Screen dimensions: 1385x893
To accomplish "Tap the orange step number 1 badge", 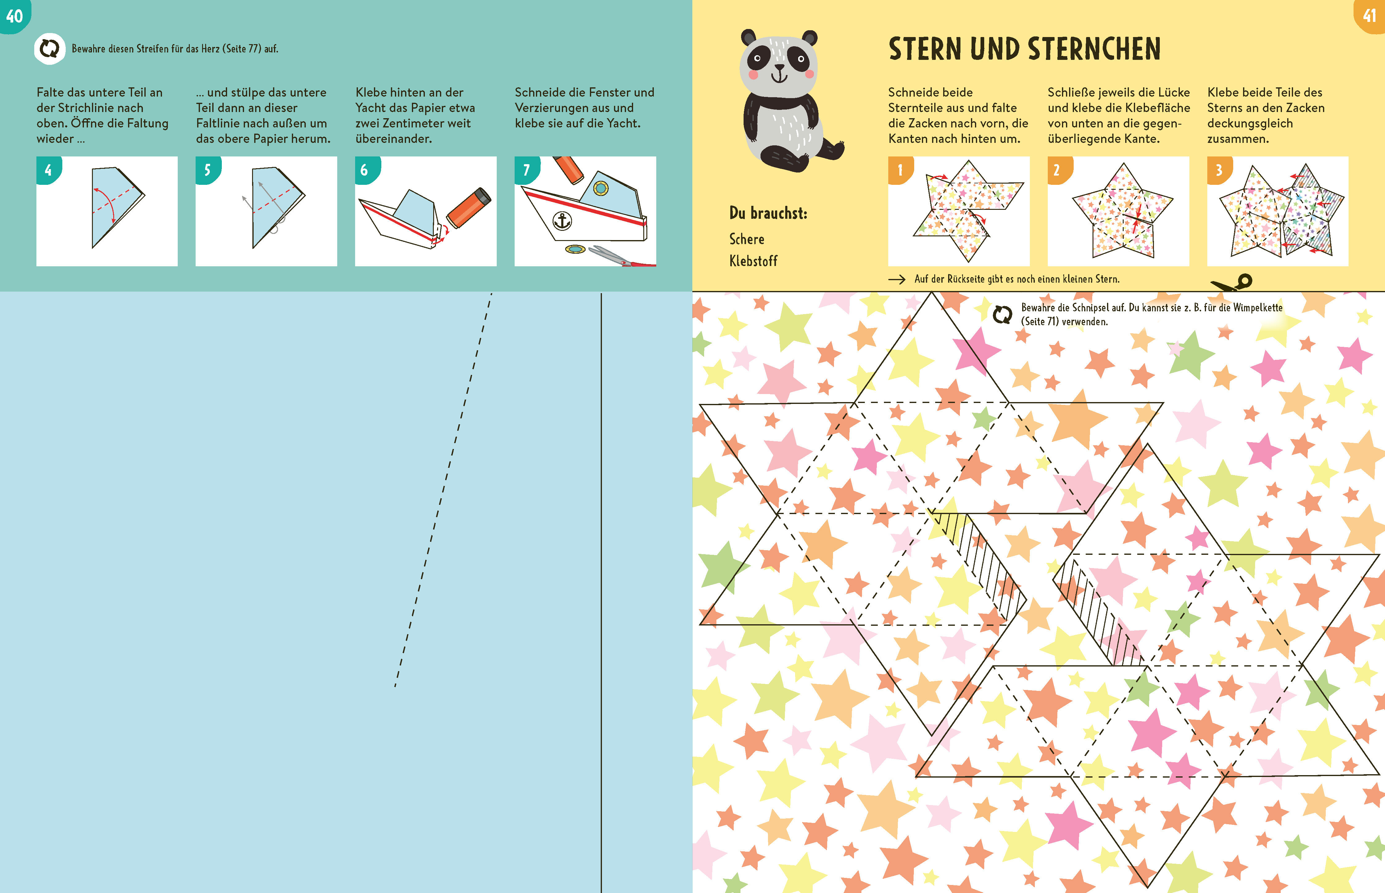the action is pos(900,170).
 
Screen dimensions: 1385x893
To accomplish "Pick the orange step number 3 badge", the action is pos(1219,170).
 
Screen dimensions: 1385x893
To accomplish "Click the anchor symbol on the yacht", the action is pos(562,220).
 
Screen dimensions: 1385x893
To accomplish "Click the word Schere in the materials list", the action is pos(747,239).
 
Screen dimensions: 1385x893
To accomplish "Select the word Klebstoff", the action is pos(753,261).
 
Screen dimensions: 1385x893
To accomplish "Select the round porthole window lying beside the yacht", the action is pos(576,249).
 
